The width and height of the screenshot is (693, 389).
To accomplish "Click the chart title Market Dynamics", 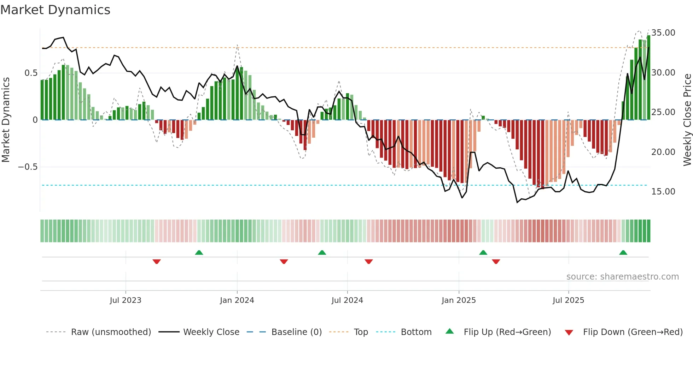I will [x=56, y=10].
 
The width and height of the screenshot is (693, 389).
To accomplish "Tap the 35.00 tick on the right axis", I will [x=663, y=33].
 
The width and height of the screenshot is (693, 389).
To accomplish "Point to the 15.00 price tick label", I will [x=663, y=192].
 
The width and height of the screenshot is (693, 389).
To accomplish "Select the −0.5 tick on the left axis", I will [x=28, y=167].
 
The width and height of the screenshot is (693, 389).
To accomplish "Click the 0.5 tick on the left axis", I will [x=31, y=73].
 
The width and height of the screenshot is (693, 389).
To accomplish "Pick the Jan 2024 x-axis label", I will [x=237, y=300].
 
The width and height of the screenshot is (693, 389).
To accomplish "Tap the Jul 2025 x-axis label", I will [x=568, y=300].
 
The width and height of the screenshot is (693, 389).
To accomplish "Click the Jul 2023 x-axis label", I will [x=126, y=300].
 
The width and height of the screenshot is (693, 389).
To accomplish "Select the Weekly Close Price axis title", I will [x=687, y=120].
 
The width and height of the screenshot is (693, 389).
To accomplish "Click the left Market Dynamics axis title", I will [x=6, y=120].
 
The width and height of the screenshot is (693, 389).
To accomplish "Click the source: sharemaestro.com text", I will [x=622, y=277].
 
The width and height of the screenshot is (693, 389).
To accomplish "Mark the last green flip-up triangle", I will [x=623, y=253].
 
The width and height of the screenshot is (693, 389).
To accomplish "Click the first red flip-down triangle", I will [x=157, y=262].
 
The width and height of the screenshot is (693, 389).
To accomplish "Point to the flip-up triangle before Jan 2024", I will [x=199, y=253].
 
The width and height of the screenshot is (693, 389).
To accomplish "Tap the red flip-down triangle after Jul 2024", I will [x=369, y=262].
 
